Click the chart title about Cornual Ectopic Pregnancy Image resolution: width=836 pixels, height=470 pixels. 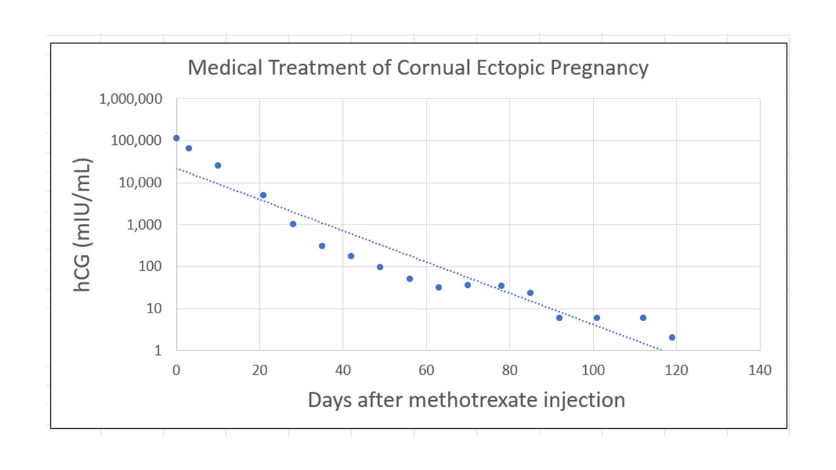coord(418,68)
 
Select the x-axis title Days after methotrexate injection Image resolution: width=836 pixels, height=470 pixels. coord(466,399)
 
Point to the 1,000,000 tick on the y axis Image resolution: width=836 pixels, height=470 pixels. coord(131,99)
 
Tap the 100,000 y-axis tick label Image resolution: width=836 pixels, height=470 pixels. coord(135,141)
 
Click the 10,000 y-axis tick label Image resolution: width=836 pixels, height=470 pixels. coord(139,183)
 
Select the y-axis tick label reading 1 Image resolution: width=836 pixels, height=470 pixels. coord(157,351)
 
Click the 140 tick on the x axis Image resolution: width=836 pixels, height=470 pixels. coord(760,371)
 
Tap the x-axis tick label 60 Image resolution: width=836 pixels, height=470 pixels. coord(426,371)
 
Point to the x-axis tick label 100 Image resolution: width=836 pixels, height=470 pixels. coord(593,371)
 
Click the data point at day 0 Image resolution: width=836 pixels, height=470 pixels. coord(176,138)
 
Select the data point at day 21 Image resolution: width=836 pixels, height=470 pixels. coord(263,195)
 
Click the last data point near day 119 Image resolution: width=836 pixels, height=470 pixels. coord(672,337)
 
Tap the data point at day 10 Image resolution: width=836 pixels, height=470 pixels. coord(217,165)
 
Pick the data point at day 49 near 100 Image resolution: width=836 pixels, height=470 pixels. coord(380,267)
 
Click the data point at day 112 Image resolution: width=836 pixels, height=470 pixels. coord(643,318)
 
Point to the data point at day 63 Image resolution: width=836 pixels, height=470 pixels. coord(438,287)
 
